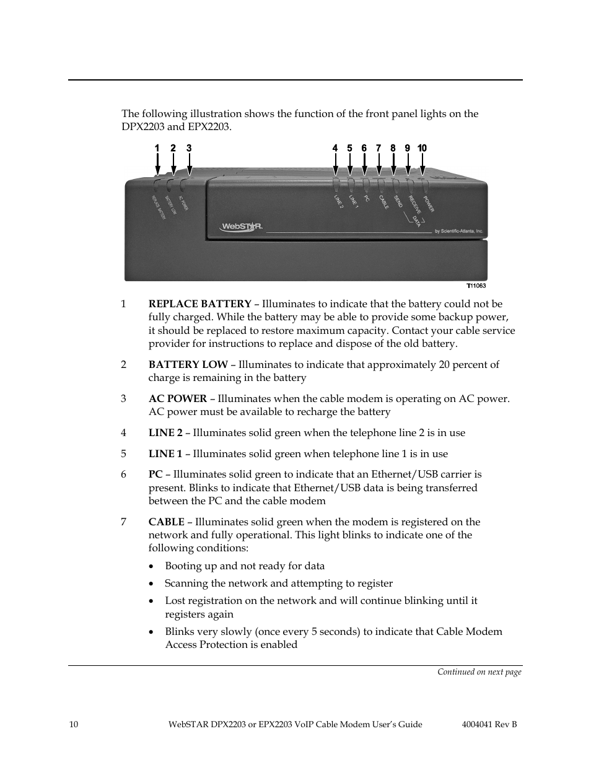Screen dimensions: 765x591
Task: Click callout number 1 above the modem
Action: click(x=157, y=148)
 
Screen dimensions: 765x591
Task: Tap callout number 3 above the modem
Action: click(x=189, y=148)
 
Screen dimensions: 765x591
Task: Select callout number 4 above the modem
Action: click(x=335, y=148)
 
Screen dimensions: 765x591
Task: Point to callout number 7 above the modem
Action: click(x=379, y=148)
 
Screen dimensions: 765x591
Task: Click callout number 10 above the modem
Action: click(x=422, y=148)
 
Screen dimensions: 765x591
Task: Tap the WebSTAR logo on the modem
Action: click(x=240, y=227)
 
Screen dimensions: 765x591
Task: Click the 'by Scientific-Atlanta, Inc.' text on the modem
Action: click(x=453, y=232)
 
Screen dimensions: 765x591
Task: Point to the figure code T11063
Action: click(x=476, y=286)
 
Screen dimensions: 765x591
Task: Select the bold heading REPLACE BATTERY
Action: click(x=199, y=304)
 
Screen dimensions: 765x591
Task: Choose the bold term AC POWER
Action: click(x=177, y=399)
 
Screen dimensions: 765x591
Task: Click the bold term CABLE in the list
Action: click(x=166, y=522)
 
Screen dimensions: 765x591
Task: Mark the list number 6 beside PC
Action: click(x=123, y=474)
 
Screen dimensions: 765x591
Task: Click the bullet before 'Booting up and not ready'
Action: click(x=152, y=567)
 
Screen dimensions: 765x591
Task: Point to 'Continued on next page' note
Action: click(x=479, y=672)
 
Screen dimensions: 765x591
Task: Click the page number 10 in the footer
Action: click(x=74, y=725)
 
